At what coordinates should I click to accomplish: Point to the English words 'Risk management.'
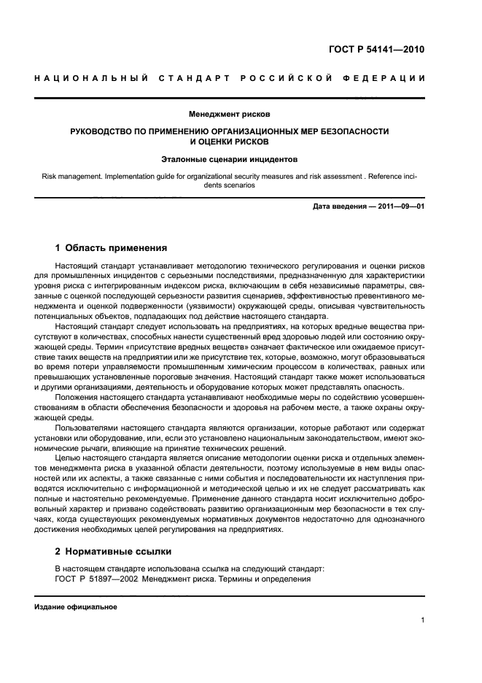tap(72, 176)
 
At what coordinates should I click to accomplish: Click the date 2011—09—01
tap(397, 207)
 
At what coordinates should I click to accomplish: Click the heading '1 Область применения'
tap(112, 247)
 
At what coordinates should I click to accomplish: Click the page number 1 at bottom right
tap(423, 621)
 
